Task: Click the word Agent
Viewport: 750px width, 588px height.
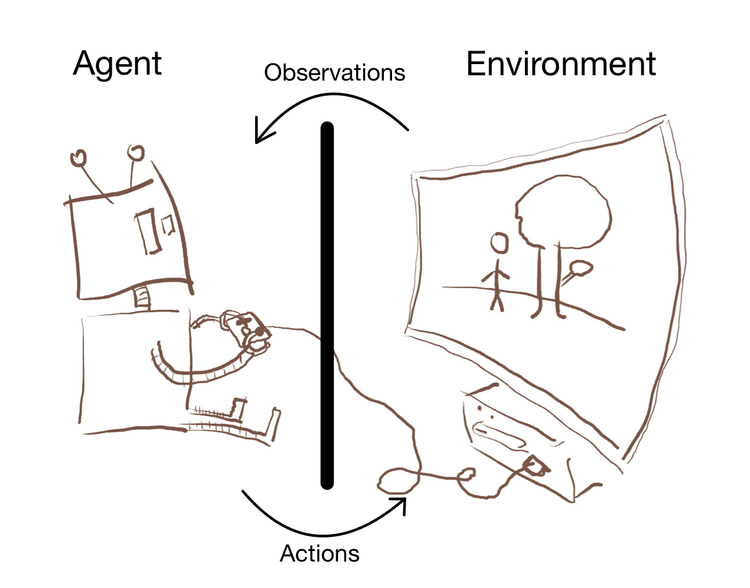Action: pos(118,64)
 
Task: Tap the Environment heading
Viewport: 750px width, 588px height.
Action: pos(561,64)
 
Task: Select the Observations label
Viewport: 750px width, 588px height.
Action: pos(334,73)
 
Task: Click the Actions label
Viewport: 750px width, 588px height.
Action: pos(319,553)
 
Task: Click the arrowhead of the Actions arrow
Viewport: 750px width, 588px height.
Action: pos(400,505)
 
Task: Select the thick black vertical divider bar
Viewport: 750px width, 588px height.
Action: pos(327,306)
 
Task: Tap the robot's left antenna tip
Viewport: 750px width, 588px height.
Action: pos(78,158)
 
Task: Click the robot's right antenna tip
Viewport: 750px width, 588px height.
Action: pos(136,153)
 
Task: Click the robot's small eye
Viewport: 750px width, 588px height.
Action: pos(168,224)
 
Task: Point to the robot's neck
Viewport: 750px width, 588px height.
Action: pos(143,297)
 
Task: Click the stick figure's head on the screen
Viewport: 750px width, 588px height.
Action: pos(500,243)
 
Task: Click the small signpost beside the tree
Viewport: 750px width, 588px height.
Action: pos(578,270)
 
